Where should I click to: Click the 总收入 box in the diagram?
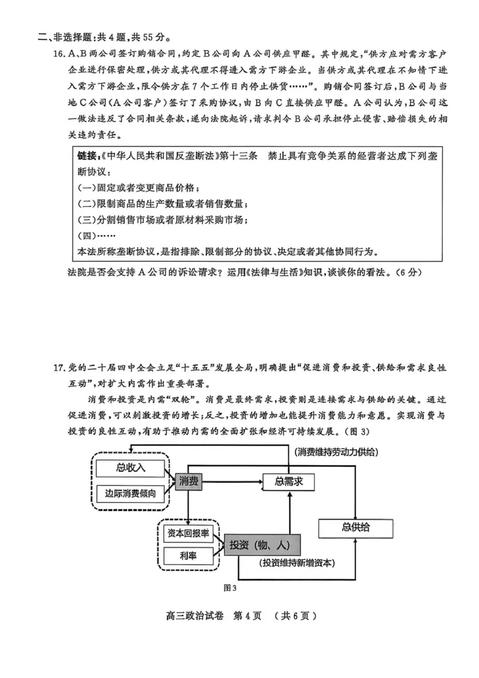[129, 467]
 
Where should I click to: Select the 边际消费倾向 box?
[129, 494]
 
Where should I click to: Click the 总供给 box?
[356, 527]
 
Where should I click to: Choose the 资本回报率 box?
[188, 533]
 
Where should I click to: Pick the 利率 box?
[188, 555]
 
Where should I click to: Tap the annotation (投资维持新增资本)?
[297, 564]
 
